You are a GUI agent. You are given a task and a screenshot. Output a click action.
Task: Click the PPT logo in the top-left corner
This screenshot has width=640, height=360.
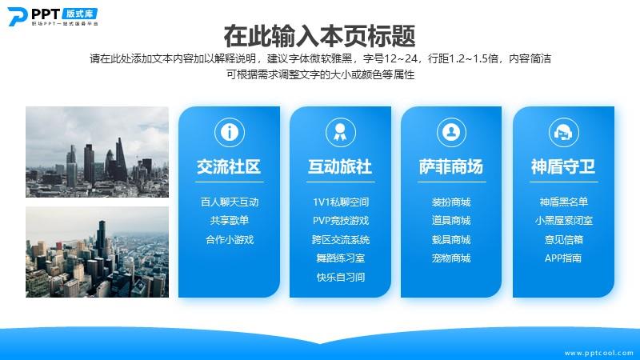point(53,17)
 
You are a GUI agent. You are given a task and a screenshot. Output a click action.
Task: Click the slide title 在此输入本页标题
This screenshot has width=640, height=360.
point(319,36)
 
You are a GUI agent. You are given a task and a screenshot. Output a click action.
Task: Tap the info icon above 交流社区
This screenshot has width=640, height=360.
point(230,132)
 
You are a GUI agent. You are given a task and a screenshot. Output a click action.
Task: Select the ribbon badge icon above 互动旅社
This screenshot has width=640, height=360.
point(341,132)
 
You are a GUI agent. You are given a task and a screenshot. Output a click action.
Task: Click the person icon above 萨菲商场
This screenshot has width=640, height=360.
point(451,132)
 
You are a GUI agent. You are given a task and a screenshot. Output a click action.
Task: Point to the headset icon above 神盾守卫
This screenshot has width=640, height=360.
point(563,132)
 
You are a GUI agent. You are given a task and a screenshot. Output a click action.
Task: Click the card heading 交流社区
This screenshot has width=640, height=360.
point(229,166)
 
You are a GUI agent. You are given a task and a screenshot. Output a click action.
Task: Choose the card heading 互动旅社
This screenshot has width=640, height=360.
point(340,166)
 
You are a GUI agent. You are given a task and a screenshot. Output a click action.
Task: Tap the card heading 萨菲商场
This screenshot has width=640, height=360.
point(451,166)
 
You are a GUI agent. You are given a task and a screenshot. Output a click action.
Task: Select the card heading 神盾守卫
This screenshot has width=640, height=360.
point(563,166)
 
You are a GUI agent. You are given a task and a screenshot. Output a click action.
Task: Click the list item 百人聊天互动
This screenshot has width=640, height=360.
point(230,202)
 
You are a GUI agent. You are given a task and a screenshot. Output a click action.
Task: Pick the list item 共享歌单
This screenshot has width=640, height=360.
point(230,221)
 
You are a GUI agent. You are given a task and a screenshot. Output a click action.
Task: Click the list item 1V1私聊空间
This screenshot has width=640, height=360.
point(341,202)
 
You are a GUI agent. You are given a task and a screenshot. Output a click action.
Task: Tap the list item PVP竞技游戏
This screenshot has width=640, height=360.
point(341,221)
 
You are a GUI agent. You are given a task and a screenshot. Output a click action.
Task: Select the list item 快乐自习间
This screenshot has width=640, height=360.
point(341,277)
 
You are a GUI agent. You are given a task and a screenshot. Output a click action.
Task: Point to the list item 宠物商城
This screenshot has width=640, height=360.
point(451,258)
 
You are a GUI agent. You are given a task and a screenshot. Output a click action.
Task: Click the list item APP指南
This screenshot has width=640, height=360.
point(563,258)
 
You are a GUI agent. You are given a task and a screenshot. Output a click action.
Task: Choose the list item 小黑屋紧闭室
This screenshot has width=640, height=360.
point(564,221)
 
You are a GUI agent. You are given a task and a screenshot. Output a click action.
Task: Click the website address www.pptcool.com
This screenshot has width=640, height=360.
point(598,353)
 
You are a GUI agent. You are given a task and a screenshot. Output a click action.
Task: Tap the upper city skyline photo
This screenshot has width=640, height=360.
point(97,152)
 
